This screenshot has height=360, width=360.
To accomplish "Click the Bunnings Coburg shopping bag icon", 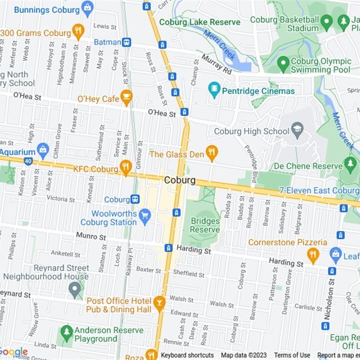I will (x=88, y=8).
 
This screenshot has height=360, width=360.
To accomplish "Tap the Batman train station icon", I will (x=126, y=42).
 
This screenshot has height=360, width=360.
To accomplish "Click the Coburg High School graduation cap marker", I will (x=297, y=131).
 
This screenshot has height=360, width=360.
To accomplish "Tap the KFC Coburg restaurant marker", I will (x=126, y=167).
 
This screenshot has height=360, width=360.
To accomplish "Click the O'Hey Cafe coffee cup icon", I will (x=126, y=97).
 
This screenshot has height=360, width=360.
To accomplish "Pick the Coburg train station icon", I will (x=135, y=199).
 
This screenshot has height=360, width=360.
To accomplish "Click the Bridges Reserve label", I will (x=205, y=225).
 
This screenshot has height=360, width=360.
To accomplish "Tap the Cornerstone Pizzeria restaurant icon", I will (x=313, y=255).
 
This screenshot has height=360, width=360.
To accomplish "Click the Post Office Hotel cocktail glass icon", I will (x=159, y=303).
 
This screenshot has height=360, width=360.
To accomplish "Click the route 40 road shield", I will (x=28, y=161).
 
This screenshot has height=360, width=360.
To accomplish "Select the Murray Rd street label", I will (x=216, y=64).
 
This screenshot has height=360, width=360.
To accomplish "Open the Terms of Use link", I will (x=292, y=355).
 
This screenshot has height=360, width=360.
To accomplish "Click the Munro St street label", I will (x=91, y=236).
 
